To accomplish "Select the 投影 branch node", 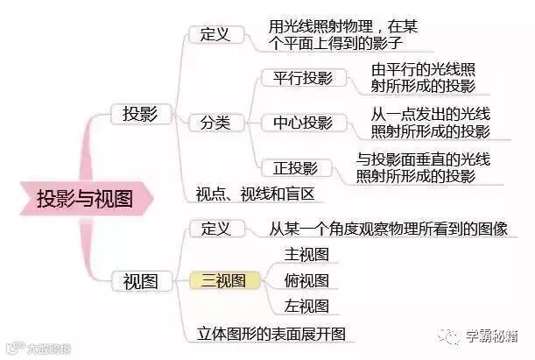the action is click(140, 114).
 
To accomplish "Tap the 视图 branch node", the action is click(140, 281).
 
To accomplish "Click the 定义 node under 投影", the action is click(215, 34).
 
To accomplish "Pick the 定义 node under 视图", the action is click(215, 229).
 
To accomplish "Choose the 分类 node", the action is click(215, 122).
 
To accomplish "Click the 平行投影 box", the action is click(298, 78).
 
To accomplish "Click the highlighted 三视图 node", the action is click(225, 280).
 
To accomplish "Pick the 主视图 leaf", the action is click(306, 254).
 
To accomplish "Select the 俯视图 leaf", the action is click(306, 280).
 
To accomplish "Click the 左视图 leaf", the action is click(306, 306).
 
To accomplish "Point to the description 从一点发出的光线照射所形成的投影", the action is click(430, 122).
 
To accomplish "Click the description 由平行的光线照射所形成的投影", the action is click(424, 77).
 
